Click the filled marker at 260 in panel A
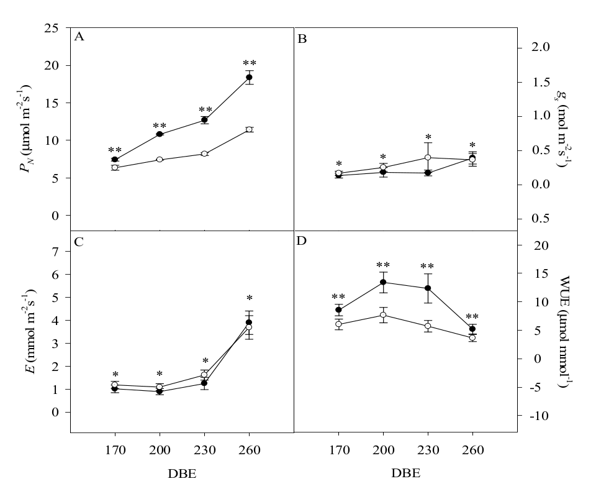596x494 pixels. click(249, 77)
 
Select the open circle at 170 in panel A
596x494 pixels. click(115, 168)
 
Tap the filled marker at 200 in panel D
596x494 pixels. click(383, 282)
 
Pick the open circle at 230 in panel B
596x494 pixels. click(428, 158)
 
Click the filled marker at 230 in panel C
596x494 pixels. click(204, 383)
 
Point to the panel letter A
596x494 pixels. click(79, 37)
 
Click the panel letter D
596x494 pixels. click(302, 240)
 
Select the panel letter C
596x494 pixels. click(79, 242)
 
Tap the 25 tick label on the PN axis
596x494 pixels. click(52, 29)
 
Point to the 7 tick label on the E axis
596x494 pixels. click(55, 252)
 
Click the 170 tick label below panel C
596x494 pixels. click(115, 450)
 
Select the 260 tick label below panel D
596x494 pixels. click(472, 450)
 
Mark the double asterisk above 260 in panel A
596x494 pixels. click(249, 63)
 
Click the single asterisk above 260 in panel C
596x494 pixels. click(249, 299)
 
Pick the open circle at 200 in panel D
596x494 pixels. click(383, 316)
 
